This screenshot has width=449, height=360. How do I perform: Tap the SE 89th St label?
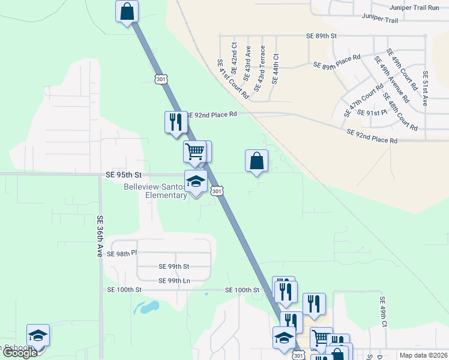(322, 36)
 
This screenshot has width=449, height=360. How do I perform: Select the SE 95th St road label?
(123, 175)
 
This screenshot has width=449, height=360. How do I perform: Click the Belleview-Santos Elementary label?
(155, 191)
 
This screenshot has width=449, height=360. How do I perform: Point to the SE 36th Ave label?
(100, 237)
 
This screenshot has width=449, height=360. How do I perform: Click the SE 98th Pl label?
(122, 254)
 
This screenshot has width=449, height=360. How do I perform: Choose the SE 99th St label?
(173, 266)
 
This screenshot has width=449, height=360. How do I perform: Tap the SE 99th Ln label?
(174, 281)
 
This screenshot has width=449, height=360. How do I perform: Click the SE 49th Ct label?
(381, 311)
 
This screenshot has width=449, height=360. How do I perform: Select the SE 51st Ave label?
(425, 88)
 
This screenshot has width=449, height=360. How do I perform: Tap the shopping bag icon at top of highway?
(127, 11)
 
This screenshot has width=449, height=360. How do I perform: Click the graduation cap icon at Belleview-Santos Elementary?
(196, 181)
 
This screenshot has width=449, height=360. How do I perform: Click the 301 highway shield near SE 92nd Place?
(160, 79)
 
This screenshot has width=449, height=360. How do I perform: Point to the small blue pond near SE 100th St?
(148, 308)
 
